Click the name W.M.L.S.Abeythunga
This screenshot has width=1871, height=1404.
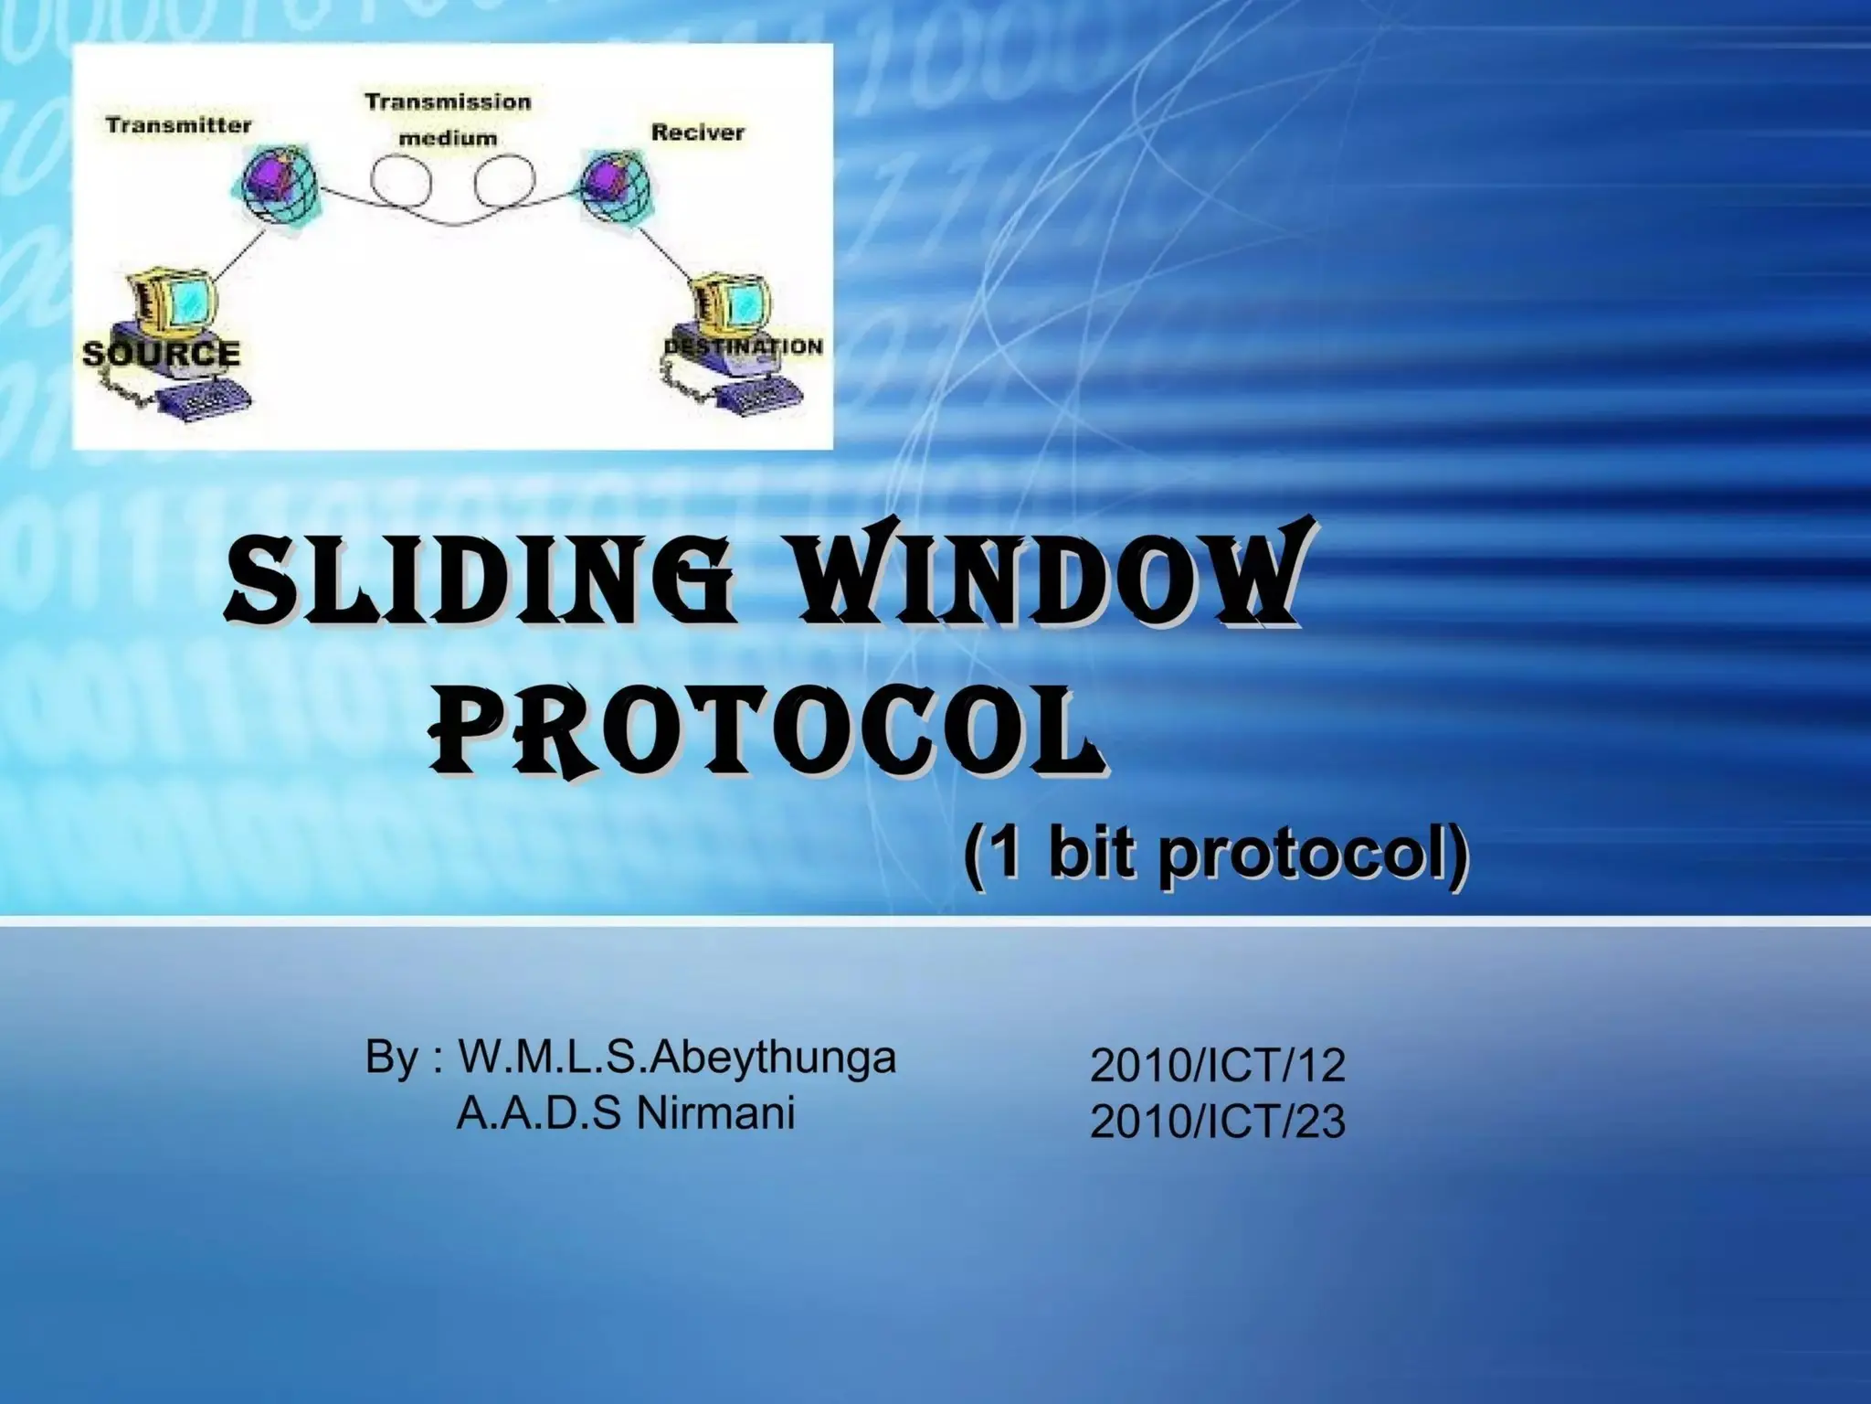[677, 1058]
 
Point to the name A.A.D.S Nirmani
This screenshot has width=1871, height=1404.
[625, 1113]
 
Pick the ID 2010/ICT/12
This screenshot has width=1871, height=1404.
[1217, 1066]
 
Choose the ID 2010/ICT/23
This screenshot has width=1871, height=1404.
[1217, 1122]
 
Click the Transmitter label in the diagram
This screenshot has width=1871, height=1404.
[178, 125]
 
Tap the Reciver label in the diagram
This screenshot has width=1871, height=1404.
[698, 133]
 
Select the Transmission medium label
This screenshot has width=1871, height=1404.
[448, 120]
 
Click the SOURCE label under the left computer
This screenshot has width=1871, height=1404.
[161, 353]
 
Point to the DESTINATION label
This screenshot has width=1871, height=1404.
[743, 346]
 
